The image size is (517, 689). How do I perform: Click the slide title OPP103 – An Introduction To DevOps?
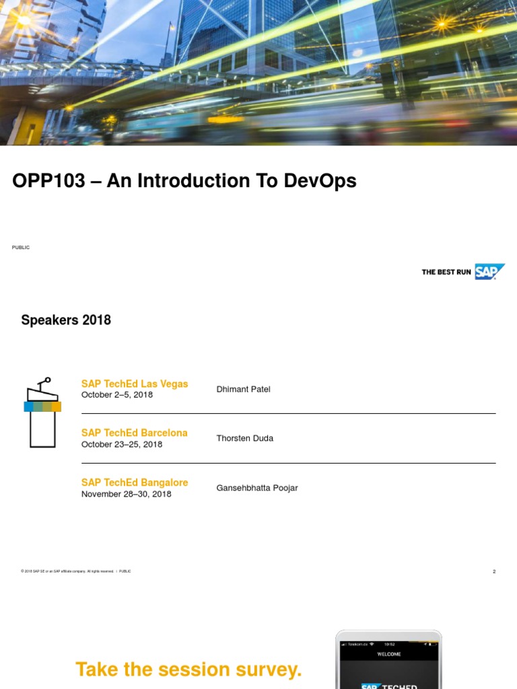pyautogui.click(x=184, y=181)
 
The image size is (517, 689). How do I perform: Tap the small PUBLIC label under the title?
pyautogui.click(x=21, y=248)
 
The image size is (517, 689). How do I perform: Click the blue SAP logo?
pyautogui.click(x=489, y=272)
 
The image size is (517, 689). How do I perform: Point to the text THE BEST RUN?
pyautogui.click(x=446, y=273)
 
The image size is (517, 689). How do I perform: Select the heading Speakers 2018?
pyautogui.click(x=66, y=320)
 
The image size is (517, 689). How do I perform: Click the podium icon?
pyautogui.click(x=42, y=412)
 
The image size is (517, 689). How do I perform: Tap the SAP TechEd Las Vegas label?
pyautogui.click(x=135, y=384)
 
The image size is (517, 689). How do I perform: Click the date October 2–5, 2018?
pyautogui.click(x=117, y=395)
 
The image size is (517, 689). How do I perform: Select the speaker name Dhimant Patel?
pyautogui.click(x=243, y=390)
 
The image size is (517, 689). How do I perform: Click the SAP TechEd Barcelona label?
pyautogui.click(x=135, y=433)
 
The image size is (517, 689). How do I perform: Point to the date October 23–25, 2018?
pyautogui.click(x=122, y=445)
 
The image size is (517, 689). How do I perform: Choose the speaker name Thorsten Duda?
pyautogui.click(x=244, y=439)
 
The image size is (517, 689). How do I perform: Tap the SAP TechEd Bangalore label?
pyautogui.click(x=135, y=482)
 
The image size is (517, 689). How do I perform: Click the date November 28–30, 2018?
pyautogui.click(x=126, y=495)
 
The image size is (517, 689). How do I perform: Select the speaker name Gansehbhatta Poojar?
pyautogui.click(x=256, y=488)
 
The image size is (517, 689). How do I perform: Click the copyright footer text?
pyautogui.click(x=75, y=571)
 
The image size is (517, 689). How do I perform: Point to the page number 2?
pyautogui.click(x=494, y=572)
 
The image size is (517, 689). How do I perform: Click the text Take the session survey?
pyautogui.click(x=188, y=669)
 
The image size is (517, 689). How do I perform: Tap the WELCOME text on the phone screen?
pyautogui.click(x=389, y=654)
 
